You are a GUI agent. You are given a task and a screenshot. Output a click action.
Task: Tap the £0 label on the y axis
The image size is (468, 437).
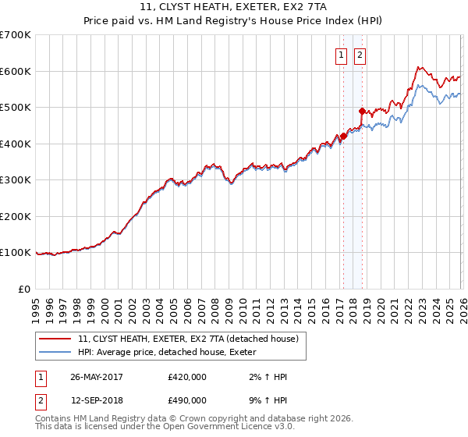click(25, 289)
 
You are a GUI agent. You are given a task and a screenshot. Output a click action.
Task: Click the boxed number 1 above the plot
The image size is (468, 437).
click(342, 55)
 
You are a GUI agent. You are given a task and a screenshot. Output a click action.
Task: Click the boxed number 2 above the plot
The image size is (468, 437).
click(360, 55)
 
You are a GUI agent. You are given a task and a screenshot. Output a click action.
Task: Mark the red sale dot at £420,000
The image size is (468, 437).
click(343, 136)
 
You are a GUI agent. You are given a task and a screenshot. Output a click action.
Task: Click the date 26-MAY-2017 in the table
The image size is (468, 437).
click(97, 377)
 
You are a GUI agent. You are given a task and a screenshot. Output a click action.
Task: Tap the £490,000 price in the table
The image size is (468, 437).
click(186, 400)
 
